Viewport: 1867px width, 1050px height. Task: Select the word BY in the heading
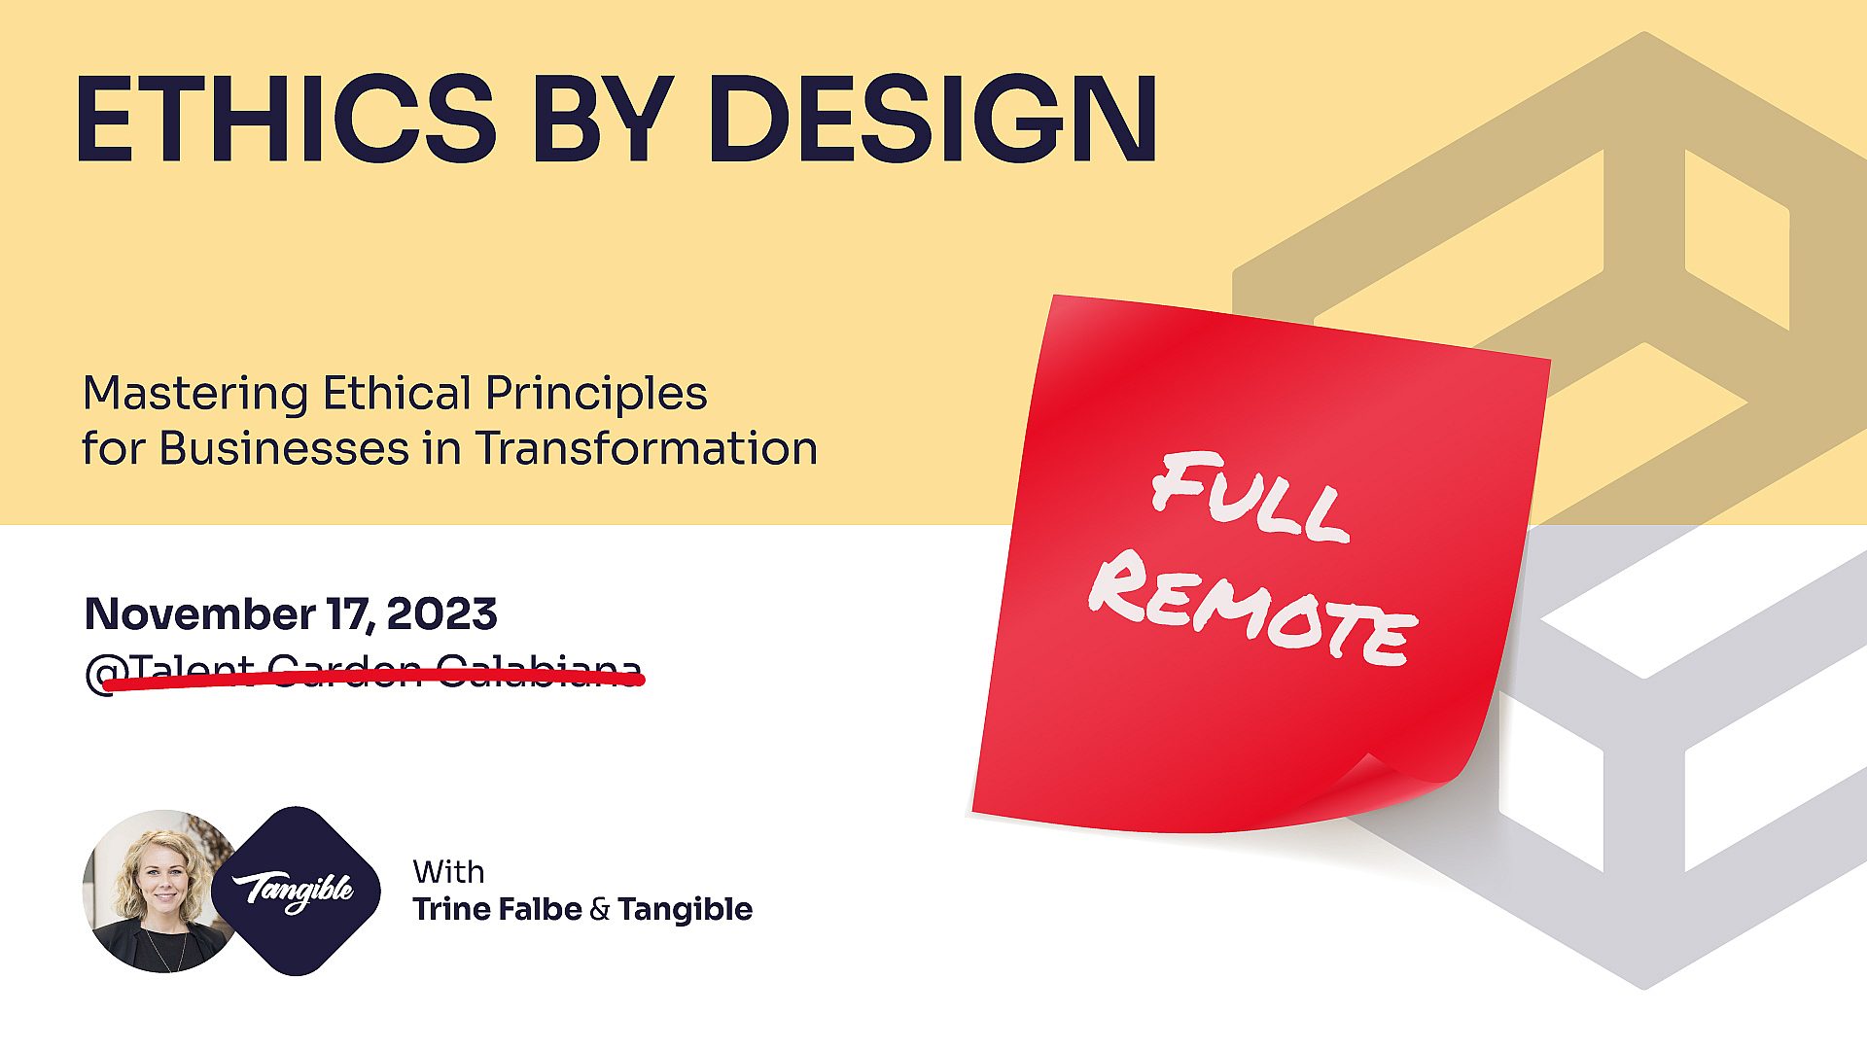(x=603, y=119)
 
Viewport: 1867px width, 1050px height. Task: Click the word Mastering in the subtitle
(x=195, y=395)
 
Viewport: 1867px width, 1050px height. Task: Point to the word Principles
(x=596, y=393)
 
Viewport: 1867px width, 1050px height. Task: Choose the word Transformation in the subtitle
(x=647, y=448)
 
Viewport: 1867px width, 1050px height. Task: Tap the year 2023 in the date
(x=441, y=613)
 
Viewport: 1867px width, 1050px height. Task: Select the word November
(x=199, y=613)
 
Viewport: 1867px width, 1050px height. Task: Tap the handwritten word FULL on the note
(x=1251, y=497)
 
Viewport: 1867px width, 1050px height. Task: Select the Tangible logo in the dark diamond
(x=295, y=891)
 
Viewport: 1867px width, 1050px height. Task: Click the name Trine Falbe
(x=497, y=910)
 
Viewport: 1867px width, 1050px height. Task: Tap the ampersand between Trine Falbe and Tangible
(x=599, y=910)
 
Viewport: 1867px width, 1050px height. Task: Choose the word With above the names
(x=448, y=872)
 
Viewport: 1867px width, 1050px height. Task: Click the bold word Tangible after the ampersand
(x=685, y=910)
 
